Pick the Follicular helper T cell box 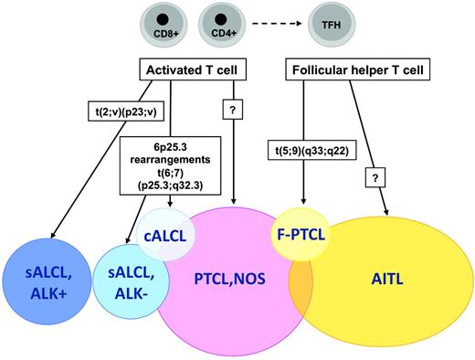[x=343, y=69]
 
